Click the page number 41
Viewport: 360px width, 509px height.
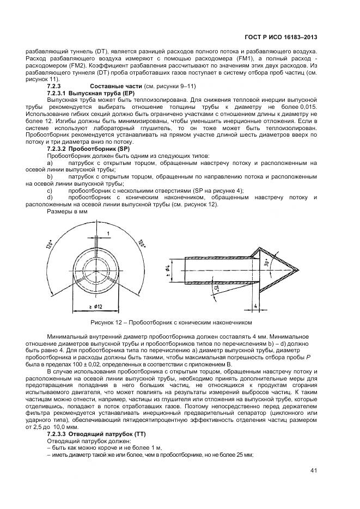pos(313,470)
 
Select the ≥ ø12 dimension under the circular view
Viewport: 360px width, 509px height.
pos(98,306)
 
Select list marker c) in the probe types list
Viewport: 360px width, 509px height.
pos(50,191)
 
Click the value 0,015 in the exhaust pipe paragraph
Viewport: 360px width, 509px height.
pos(307,107)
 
